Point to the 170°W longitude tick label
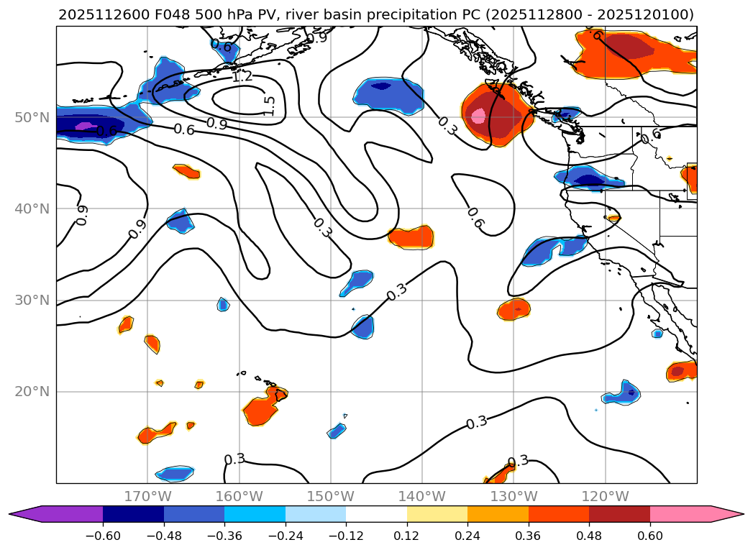click(x=147, y=496)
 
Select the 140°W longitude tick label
click(x=422, y=496)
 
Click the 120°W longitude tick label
click(x=605, y=496)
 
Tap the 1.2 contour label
click(x=242, y=76)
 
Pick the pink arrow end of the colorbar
click(x=726, y=514)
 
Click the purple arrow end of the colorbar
click(x=25, y=514)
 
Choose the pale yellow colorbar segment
click(x=437, y=514)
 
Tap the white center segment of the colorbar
click(x=376, y=514)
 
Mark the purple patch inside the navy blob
click(x=86, y=126)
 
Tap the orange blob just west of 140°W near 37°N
click(x=411, y=237)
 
